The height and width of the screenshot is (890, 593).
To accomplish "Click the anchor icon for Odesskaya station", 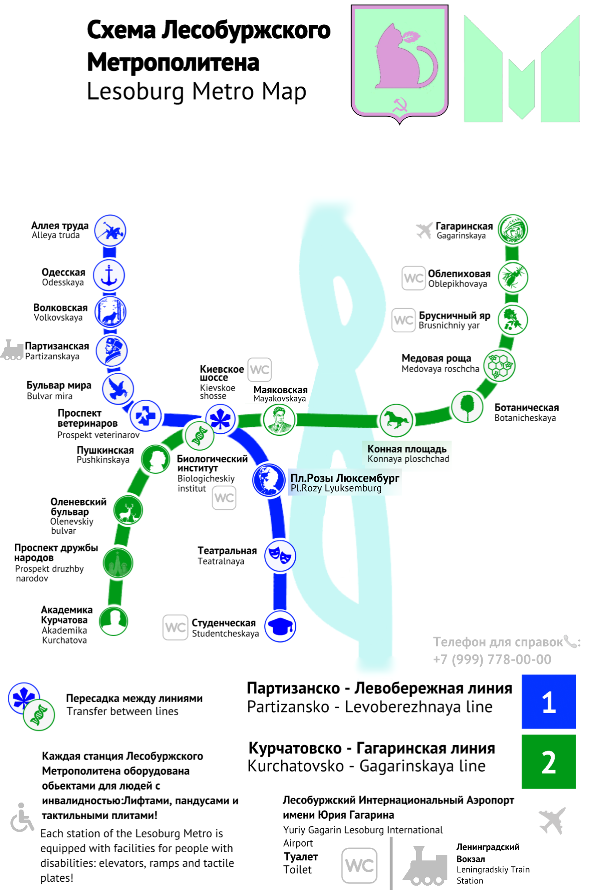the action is tap(109, 276).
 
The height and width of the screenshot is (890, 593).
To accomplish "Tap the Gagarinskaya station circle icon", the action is tap(513, 229).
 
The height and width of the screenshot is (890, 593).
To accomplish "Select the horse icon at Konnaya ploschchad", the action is tap(396, 420).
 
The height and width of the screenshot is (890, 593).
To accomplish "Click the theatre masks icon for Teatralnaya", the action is tap(280, 556).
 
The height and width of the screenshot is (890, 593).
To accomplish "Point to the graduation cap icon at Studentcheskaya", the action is tap(280, 626).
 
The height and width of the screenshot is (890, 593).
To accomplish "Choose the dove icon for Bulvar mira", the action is tap(118, 389).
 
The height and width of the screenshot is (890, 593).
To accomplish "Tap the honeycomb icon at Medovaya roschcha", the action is tap(500, 366).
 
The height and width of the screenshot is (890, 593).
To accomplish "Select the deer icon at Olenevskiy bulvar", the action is tap(128, 510).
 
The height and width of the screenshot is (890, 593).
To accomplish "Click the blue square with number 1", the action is tap(549, 701).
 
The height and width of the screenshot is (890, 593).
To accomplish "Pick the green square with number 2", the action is tap(549, 761).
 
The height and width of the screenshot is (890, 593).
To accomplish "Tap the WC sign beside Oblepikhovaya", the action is tap(413, 278).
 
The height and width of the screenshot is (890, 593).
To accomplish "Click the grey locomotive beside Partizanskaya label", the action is tap(12, 350).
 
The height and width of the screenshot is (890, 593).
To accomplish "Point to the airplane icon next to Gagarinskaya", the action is tap(424, 230).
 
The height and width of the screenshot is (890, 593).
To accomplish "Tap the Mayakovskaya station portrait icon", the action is tap(279, 420).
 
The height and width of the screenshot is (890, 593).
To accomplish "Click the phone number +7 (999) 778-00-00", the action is tap(492, 659).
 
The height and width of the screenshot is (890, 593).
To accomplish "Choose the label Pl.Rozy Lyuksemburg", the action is tap(336, 488).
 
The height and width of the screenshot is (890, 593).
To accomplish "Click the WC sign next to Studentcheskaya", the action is tap(175, 627).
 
